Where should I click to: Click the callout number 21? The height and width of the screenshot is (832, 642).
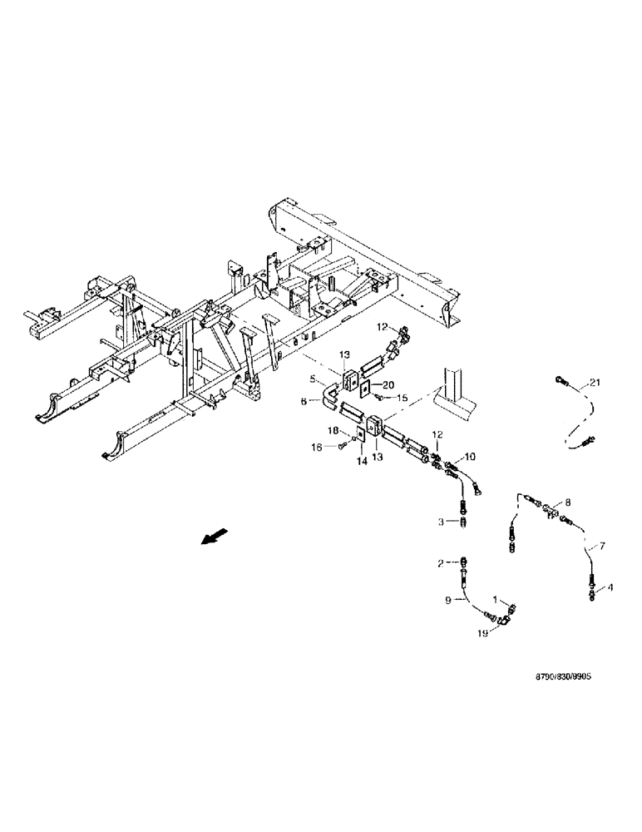tap(595, 383)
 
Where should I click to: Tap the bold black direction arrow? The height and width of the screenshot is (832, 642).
tap(213, 539)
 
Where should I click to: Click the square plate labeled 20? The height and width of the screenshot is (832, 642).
tap(365, 386)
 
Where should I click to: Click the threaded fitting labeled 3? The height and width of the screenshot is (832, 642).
tap(463, 521)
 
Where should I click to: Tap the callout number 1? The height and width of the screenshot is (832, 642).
tap(497, 597)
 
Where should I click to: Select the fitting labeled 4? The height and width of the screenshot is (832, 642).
tap(591, 590)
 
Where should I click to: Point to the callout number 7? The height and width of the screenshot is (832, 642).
tap(604, 546)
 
